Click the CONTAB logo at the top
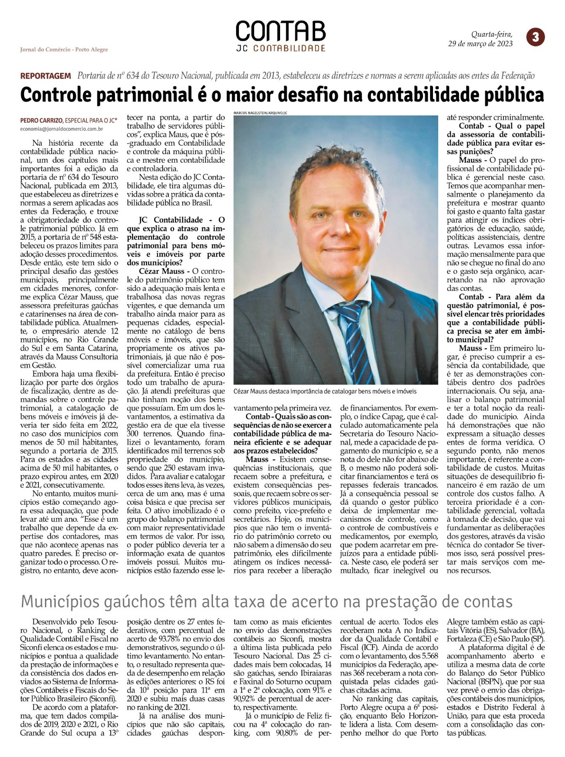point(281,31)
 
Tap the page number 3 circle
point(535,37)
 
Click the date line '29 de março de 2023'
point(480,44)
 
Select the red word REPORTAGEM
point(45,76)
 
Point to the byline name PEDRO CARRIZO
point(41,120)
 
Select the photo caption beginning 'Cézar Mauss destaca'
point(325,392)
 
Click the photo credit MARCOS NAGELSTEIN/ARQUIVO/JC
point(261,113)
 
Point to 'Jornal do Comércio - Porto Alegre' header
point(64,50)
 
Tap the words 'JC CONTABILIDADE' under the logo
point(281,49)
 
